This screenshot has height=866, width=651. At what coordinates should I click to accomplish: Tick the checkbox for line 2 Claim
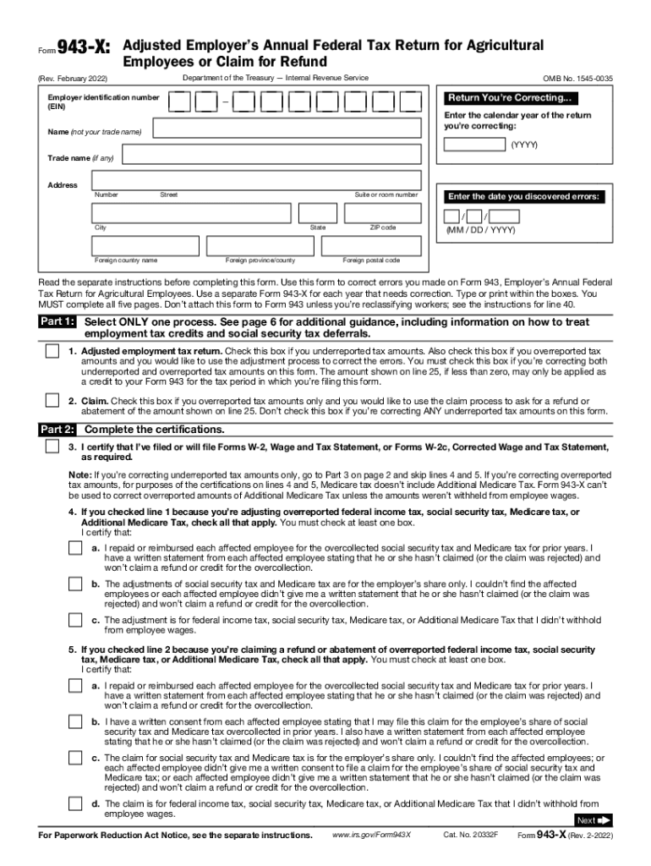click(52, 401)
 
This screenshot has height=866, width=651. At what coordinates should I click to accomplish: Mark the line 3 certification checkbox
click(52, 446)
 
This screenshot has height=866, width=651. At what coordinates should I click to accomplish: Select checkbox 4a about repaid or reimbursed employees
click(75, 549)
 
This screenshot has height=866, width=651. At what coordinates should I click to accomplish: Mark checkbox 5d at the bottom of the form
click(75, 805)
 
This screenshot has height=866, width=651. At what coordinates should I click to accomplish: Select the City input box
click(192, 214)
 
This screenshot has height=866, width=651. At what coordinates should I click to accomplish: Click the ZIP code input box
click(381, 214)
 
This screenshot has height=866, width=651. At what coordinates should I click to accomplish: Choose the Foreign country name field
click(145, 245)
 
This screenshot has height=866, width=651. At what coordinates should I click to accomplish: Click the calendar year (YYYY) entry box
click(475, 144)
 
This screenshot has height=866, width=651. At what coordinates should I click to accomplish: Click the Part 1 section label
click(57, 322)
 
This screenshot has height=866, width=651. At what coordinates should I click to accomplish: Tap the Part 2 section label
click(57, 429)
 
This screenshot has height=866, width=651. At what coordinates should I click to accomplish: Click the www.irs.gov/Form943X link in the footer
click(371, 836)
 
